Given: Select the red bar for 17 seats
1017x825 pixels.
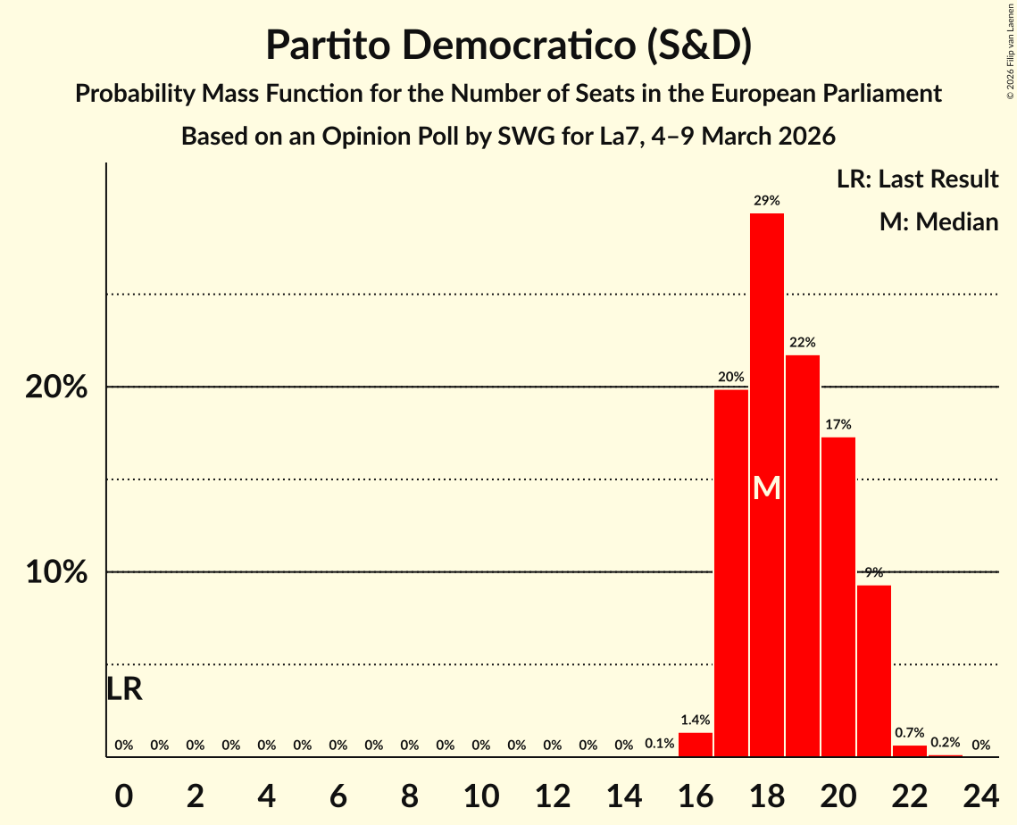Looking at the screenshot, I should (x=730, y=571).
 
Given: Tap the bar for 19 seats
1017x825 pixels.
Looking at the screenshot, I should (x=802, y=554).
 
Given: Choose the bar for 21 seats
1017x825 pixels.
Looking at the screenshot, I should (x=873, y=670).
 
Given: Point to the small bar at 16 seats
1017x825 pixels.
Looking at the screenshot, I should (x=695, y=745).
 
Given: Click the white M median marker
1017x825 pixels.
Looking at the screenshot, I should (x=766, y=488).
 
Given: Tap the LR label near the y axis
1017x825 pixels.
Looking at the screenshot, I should (x=124, y=689).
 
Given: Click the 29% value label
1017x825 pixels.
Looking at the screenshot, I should (x=766, y=201).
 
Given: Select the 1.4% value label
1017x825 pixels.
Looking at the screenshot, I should (x=695, y=720).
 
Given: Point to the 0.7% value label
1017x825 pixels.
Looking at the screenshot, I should (x=909, y=733).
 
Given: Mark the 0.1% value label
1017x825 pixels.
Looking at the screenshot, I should (x=659, y=744).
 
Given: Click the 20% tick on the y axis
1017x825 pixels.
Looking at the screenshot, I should (x=56, y=388).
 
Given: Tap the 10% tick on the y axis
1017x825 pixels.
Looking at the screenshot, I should (x=56, y=572).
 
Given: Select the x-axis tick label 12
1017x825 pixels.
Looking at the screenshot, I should (x=552, y=792).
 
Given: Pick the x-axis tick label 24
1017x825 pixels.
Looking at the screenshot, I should (x=980, y=792).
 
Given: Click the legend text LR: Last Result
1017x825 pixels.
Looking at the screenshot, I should (x=917, y=179).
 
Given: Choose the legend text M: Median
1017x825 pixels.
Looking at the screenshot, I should (x=938, y=221).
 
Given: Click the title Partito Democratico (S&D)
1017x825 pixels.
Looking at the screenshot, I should (x=508, y=46).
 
